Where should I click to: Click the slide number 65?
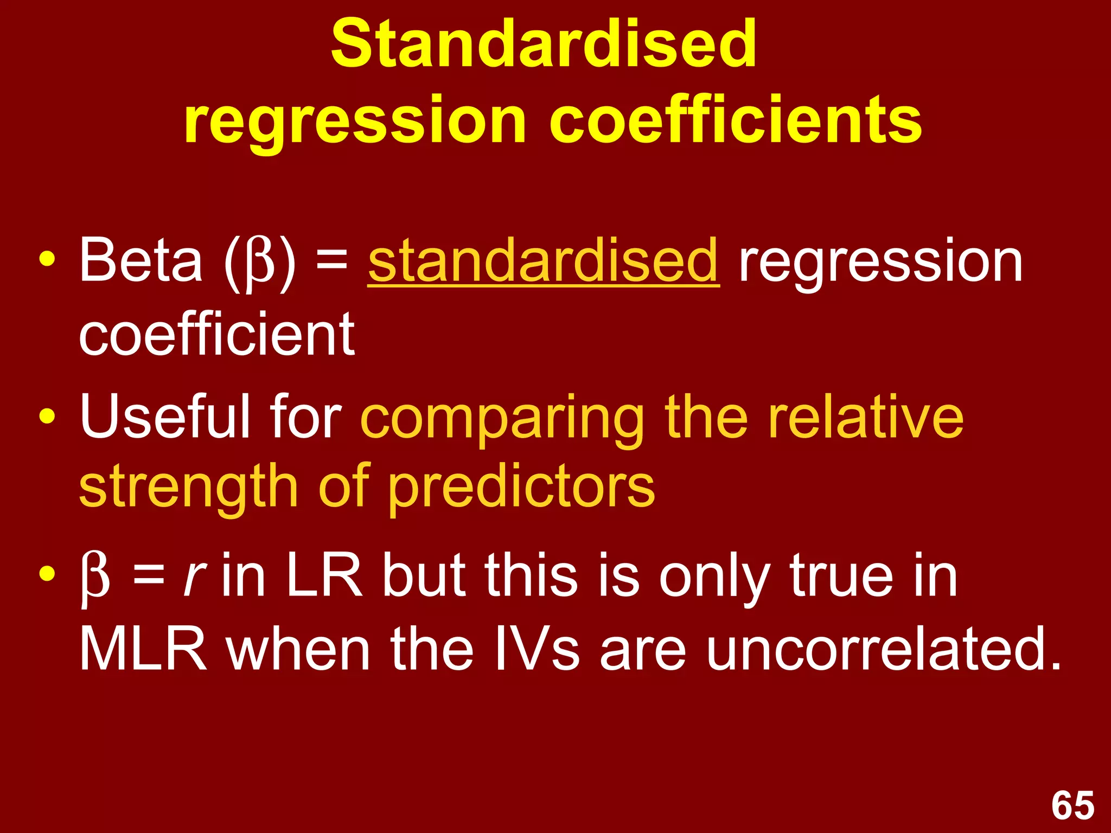[1072, 806]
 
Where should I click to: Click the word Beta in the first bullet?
[141, 261]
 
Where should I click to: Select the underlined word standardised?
[544, 262]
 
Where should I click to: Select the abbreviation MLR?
[143, 649]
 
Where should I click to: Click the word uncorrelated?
[883, 649]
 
